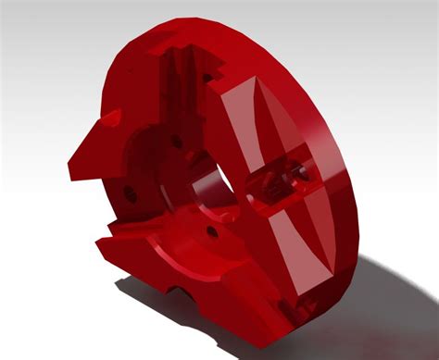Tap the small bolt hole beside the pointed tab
pos(131,196)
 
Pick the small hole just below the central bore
pos(212,229)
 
